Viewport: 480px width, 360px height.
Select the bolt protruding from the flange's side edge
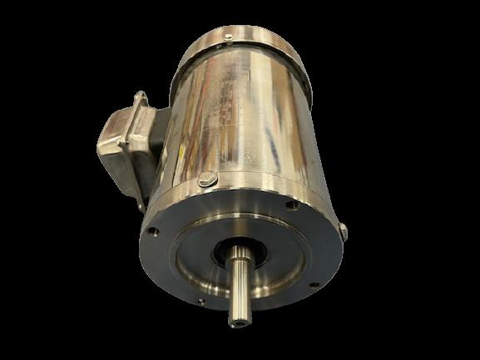point(343,229)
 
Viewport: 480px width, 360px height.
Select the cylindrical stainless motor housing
point(250,125)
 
